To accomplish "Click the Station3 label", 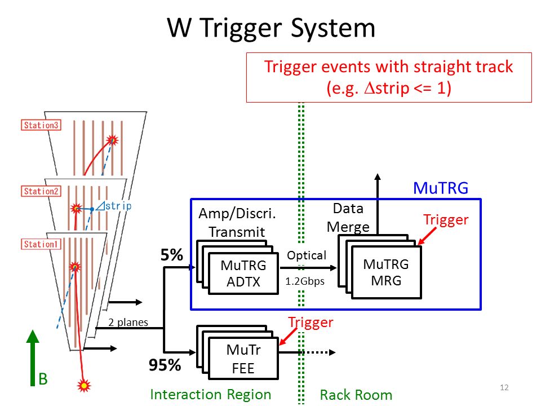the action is point(41,125).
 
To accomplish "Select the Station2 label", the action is point(41,191).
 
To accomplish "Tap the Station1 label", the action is point(41,244).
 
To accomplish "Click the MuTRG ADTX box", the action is point(243,273).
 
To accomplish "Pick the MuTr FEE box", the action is point(243,359).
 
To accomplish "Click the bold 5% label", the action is point(171,255).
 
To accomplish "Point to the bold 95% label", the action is point(165,365).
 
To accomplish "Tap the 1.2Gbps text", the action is point(305,281).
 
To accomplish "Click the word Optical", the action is point(307,255).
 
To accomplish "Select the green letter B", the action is point(43,379).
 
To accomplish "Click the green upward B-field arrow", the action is point(33,358).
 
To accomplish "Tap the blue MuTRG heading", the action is point(441,188).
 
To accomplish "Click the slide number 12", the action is point(504,387).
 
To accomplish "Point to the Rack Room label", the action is point(356,395).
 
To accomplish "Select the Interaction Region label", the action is point(210,395).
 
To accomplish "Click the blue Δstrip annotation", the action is point(113,206).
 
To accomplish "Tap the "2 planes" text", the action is point(128,322).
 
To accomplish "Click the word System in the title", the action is point(333,28).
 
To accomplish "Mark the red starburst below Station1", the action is point(84,385).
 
